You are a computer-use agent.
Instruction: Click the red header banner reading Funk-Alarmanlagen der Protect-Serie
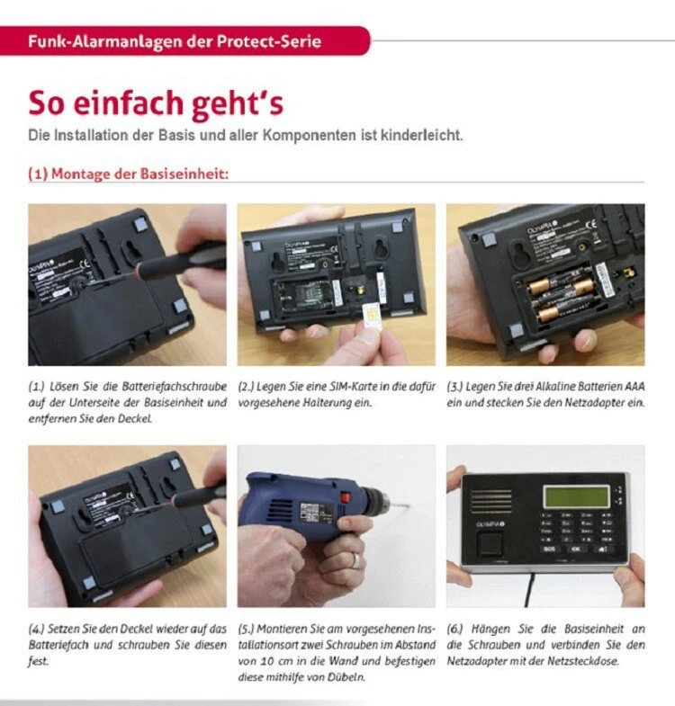coord(184,41)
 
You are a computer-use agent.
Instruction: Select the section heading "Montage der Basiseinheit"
coord(139,174)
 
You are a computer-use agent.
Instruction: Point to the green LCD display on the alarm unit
coord(576,496)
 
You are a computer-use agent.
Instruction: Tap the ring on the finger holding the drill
coord(356,560)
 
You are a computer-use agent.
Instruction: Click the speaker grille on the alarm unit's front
coord(491,500)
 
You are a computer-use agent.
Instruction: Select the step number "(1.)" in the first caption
coord(37,387)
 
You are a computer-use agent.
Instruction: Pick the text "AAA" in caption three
coord(634,387)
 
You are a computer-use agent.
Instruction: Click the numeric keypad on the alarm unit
coord(576,533)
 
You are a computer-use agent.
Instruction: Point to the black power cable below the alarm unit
coord(529,589)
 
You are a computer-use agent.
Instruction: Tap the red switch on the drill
coord(346,498)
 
